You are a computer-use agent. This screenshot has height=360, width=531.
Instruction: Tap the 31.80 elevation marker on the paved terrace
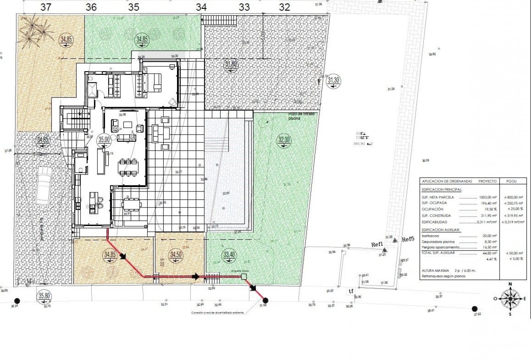231,64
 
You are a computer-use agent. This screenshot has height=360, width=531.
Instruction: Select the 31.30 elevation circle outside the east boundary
333,80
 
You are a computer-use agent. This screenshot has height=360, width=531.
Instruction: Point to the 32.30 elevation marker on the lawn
284,140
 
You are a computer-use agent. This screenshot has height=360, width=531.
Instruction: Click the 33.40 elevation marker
228,255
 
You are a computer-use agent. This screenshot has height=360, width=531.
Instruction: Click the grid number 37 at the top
46,7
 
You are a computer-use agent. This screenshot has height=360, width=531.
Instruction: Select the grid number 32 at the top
284,7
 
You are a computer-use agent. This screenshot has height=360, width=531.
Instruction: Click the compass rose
510,298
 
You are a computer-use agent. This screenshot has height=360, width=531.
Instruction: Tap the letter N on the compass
510,284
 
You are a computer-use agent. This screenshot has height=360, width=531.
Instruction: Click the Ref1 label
377,244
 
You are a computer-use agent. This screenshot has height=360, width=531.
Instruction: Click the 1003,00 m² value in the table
486,197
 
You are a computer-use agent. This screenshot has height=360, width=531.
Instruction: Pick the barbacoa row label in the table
429,236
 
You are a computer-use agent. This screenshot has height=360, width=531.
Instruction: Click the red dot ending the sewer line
265,300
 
